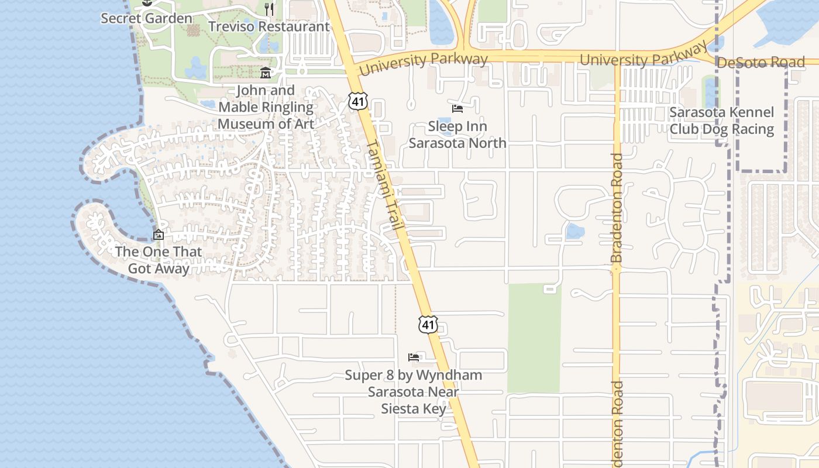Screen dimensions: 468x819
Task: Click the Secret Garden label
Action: tap(146, 18)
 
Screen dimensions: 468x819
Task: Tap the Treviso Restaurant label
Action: tap(269, 27)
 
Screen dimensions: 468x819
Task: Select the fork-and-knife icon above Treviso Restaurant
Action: tap(269, 9)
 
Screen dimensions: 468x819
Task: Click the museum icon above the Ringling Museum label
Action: tap(266, 73)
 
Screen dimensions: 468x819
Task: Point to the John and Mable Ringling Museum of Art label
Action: tap(266, 107)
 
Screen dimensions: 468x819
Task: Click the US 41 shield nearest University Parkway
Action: tap(358, 101)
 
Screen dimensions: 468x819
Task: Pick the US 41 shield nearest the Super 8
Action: tap(428, 324)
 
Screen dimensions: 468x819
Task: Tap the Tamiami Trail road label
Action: tap(385, 184)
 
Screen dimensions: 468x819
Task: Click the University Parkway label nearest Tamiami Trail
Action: tap(424, 63)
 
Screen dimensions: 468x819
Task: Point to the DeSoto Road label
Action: tap(760, 62)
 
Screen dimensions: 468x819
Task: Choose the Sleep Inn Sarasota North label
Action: tap(457, 134)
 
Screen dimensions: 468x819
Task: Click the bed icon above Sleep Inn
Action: tap(457, 109)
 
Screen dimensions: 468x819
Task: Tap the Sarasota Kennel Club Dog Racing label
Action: tap(722, 121)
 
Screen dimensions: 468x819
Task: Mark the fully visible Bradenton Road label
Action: tap(617, 208)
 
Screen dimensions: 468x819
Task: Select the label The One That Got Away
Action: tap(159, 260)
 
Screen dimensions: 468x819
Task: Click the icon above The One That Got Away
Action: tap(158, 235)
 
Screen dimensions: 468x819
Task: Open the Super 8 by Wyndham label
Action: tap(414, 391)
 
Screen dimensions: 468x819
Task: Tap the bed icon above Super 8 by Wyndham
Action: tap(414, 357)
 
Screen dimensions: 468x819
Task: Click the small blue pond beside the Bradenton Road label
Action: tap(574, 232)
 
